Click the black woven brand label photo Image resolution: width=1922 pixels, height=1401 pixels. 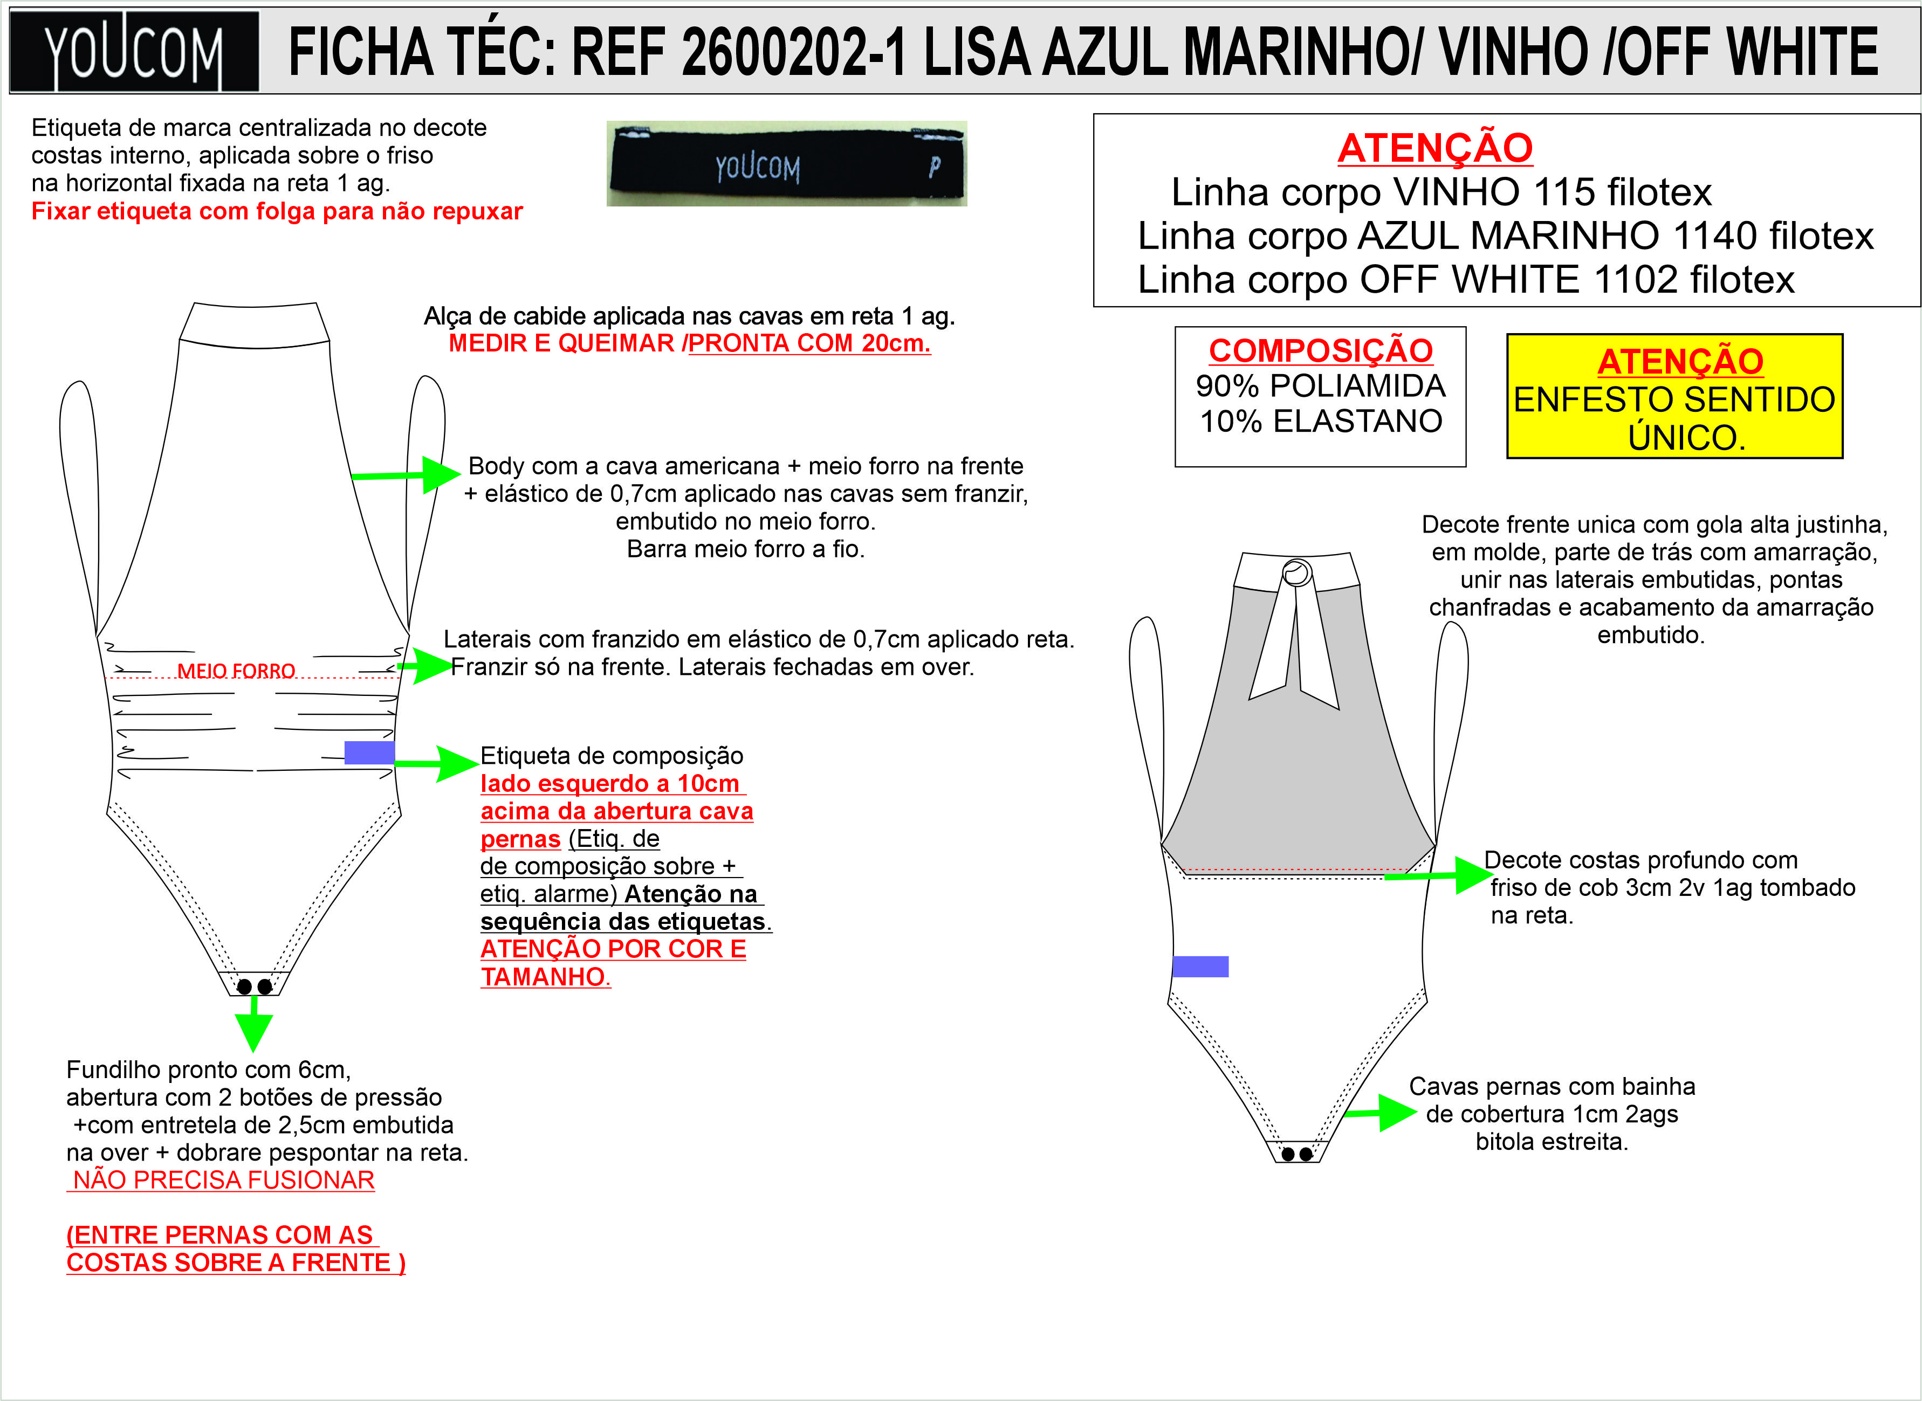click(x=786, y=164)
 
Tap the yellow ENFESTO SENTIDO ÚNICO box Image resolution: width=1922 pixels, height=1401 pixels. click(x=1674, y=397)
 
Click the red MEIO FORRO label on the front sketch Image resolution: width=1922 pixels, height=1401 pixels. click(x=236, y=671)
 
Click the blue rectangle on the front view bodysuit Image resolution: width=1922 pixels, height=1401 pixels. click(x=369, y=752)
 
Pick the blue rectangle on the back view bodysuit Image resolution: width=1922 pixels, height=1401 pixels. click(x=1200, y=966)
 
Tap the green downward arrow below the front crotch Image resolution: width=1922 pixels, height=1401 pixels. click(x=253, y=1024)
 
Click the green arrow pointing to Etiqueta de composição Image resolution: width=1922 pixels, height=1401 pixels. click(x=437, y=763)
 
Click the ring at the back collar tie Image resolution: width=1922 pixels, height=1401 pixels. click(x=1296, y=574)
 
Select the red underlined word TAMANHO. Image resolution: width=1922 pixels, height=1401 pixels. click(x=545, y=976)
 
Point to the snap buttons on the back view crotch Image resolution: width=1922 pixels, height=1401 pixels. click(x=1296, y=1154)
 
